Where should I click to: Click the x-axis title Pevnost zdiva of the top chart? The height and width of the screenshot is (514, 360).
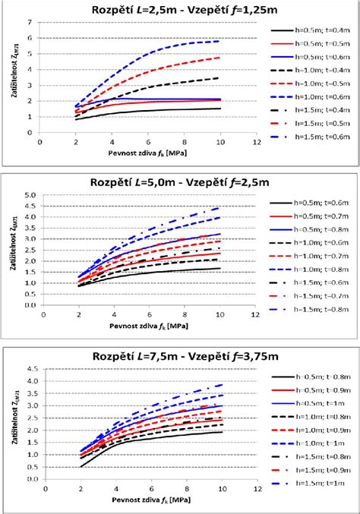click(x=144, y=152)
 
